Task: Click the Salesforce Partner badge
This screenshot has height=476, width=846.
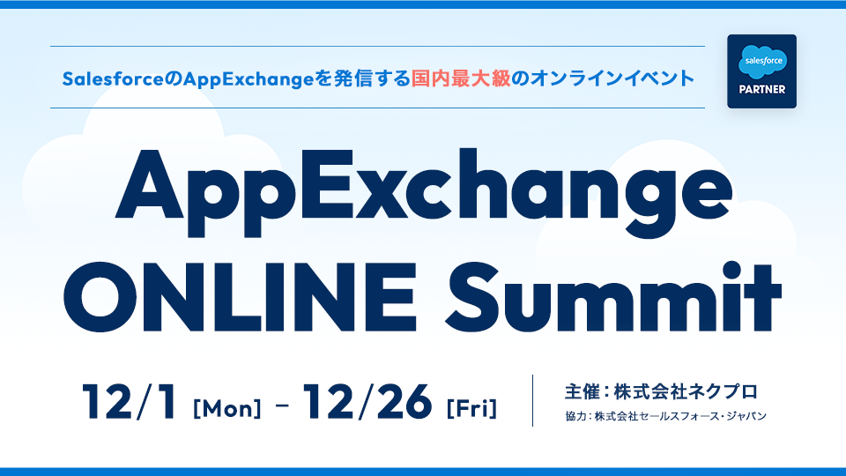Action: coord(761,71)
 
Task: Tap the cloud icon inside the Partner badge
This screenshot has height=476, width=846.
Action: coord(761,62)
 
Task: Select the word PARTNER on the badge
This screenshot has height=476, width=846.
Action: coord(761,89)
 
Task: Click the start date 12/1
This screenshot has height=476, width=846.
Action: coord(132,402)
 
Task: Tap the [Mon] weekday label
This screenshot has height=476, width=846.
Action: coord(226,409)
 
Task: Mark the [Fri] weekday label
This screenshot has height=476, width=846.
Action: coord(471,409)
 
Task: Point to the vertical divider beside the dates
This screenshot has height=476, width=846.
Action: coord(533,401)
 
